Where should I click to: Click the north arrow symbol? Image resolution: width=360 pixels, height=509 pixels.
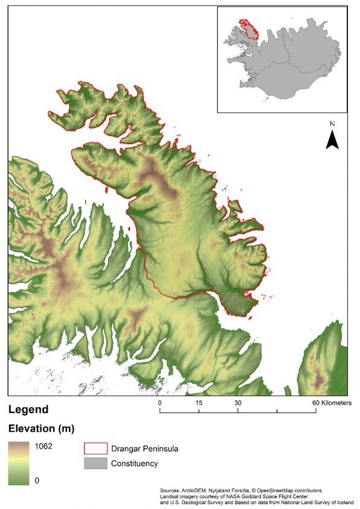pyautogui.click(x=332, y=140)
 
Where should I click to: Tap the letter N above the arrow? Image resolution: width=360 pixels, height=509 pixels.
pyautogui.click(x=332, y=124)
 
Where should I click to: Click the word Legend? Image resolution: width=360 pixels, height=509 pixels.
pyautogui.click(x=28, y=409)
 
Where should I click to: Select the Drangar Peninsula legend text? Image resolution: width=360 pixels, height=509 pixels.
pyautogui.click(x=144, y=449)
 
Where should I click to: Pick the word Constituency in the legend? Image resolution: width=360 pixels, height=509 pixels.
pyautogui.click(x=134, y=463)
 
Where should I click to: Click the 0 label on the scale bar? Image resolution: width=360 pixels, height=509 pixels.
pyautogui.click(x=160, y=402)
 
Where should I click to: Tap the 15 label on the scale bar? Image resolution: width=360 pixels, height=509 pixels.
pyautogui.click(x=198, y=402)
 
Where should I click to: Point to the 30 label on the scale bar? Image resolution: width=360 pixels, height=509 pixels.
pyautogui.click(x=238, y=402)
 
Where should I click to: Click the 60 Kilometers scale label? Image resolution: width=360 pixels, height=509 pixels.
pyautogui.click(x=331, y=402)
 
